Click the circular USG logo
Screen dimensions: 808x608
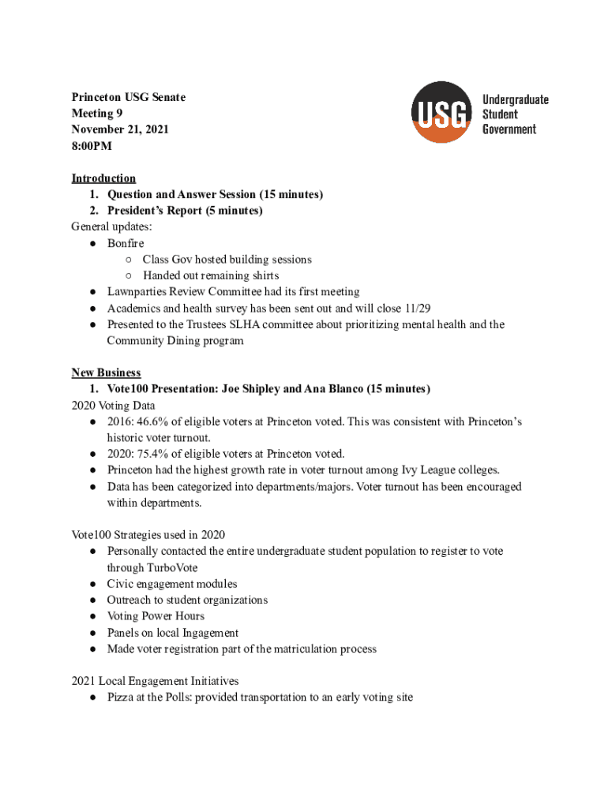(x=441, y=112)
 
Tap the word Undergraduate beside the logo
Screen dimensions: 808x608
(x=515, y=99)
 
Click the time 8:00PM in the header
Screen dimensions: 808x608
(x=92, y=146)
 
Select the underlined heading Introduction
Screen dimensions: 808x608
(x=103, y=178)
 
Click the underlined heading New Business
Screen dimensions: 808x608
(x=106, y=372)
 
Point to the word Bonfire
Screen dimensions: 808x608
(x=126, y=243)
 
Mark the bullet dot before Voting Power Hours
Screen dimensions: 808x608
(x=92, y=616)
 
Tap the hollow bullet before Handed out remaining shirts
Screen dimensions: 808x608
(x=128, y=275)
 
